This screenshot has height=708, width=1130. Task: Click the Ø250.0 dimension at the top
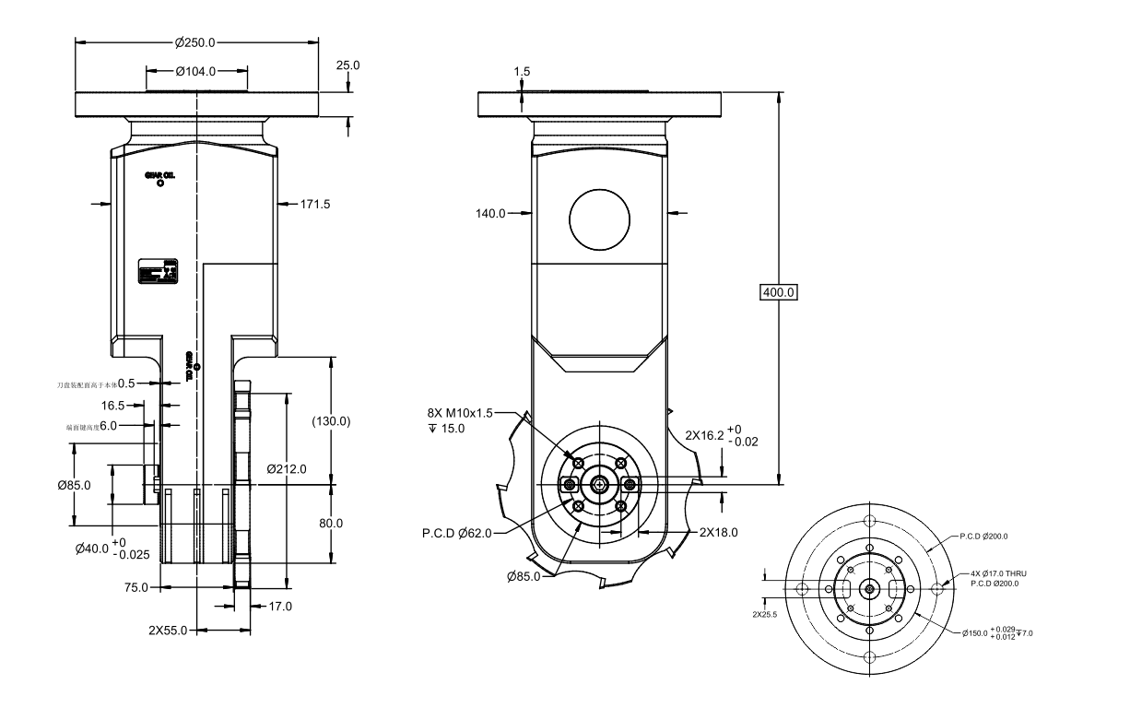pyautogui.click(x=194, y=42)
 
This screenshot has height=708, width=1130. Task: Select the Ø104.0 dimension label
pyautogui.click(x=194, y=71)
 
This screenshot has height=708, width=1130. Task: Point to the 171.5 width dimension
pyautogui.click(x=315, y=203)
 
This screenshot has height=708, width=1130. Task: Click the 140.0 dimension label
pyautogui.click(x=491, y=213)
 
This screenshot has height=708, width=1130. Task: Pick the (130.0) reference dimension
pyautogui.click(x=332, y=421)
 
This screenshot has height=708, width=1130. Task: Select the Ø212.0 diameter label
pyautogui.click(x=286, y=468)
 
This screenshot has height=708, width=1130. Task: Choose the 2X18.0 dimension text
pyautogui.click(x=718, y=532)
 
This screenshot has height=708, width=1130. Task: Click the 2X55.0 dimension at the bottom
pyautogui.click(x=169, y=631)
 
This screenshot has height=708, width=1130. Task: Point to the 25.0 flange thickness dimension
pyautogui.click(x=348, y=65)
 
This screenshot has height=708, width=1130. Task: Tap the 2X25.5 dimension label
pyautogui.click(x=764, y=614)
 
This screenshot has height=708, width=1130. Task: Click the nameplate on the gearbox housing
pyautogui.click(x=158, y=273)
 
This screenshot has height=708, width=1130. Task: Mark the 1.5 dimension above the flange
pyautogui.click(x=523, y=71)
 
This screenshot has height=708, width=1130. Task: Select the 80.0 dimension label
pyautogui.click(x=330, y=523)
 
